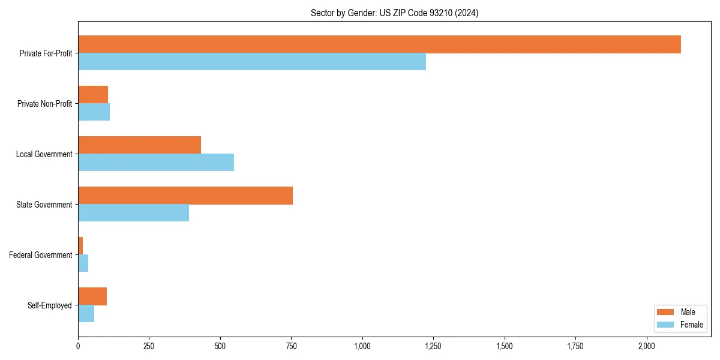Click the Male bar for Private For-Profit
[x=379, y=44]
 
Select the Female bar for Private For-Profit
[x=252, y=62]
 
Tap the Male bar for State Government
[x=185, y=196]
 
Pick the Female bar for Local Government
[x=156, y=163]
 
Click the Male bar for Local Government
[x=139, y=145]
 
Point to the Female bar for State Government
[x=133, y=213]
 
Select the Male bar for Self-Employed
[x=92, y=296]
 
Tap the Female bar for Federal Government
[x=83, y=263]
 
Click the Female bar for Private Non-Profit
[x=94, y=112]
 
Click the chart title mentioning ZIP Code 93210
[x=394, y=13]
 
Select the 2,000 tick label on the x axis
[x=647, y=346]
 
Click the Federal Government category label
[x=41, y=255]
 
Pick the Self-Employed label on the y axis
[x=50, y=305]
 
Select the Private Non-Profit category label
[x=44, y=104]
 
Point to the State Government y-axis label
[x=44, y=205]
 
